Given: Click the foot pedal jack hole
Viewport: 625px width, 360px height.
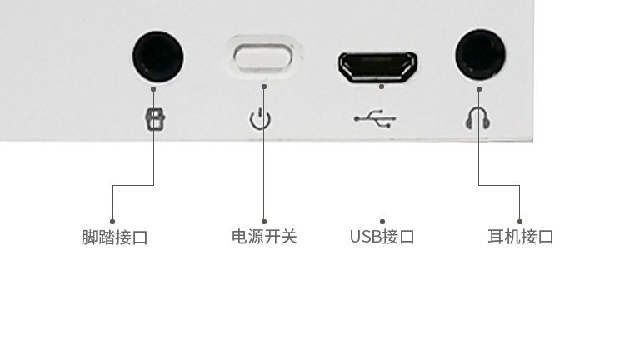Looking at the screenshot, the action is coord(157,57).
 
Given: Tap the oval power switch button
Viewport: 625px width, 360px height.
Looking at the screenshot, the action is coord(264,57).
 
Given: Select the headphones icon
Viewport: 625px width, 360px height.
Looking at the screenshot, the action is coord(477,118).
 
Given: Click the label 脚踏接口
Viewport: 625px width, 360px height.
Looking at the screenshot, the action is coord(115,237).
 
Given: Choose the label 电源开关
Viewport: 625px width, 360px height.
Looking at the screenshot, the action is coord(264,237).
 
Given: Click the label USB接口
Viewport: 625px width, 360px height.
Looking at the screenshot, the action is coord(382,237).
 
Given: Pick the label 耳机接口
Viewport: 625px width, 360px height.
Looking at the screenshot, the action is coord(520,237).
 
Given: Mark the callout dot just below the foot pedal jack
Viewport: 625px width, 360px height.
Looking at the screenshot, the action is coord(154,87).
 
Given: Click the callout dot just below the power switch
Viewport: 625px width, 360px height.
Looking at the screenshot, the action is coord(264,86).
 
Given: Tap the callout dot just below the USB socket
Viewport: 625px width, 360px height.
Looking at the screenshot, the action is coord(382,86).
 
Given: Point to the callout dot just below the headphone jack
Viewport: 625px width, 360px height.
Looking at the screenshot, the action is coord(478,87).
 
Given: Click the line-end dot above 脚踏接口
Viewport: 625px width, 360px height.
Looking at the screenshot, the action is coord(112,222).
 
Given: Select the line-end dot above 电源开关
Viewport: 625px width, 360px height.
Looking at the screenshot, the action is coord(264,222).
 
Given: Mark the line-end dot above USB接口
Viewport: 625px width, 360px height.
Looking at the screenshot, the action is coord(382,222).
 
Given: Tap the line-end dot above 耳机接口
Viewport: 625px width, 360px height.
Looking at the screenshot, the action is coord(519,222).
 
